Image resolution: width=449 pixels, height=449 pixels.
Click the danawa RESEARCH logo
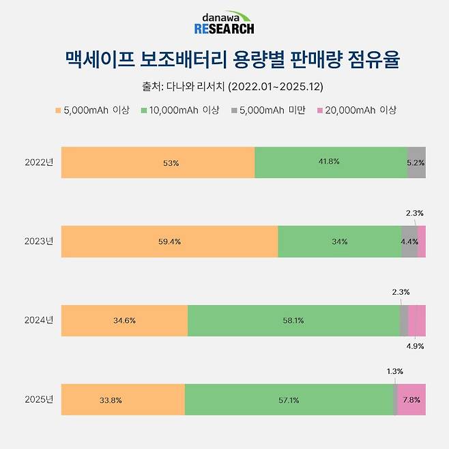(224, 23)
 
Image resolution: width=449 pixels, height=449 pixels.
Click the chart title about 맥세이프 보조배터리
(224, 59)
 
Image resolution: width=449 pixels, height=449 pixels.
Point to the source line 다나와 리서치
(224, 87)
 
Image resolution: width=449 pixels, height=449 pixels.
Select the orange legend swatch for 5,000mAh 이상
(59, 110)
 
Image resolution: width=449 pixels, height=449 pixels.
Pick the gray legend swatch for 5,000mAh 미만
(234, 110)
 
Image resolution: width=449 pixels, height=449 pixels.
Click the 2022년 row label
(39, 162)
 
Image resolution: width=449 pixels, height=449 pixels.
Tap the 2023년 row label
(39, 242)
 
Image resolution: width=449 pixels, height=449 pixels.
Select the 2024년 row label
(39, 320)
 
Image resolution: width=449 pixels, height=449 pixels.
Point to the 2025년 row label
(39, 399)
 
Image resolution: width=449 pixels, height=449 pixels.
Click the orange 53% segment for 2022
(158, 162)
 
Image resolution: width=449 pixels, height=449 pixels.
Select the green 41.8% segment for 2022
(331, 162)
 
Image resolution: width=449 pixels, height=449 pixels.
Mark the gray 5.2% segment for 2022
(416, 162)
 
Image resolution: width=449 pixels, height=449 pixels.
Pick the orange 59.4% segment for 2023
(169, 242)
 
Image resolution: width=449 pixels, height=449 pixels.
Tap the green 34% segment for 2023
(339, 242)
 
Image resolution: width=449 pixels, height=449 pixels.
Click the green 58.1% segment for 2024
(293, 320)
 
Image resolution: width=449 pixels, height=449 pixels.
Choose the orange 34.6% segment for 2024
(124, 320)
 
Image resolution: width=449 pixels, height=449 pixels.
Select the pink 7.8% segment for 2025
(411, 399)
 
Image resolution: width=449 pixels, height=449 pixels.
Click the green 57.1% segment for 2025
(289, 399)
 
